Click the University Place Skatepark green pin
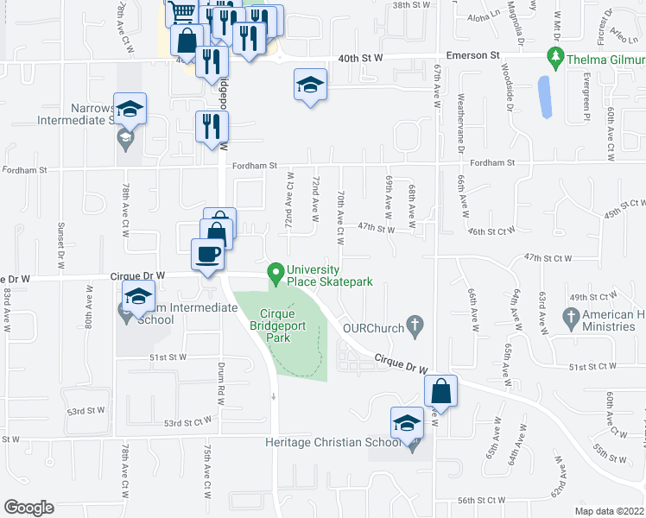point(276,274)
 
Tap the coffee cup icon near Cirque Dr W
point(207,255)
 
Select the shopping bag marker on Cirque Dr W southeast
point(440,391)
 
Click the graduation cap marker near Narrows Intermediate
point(130,109)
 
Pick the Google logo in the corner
point(29,508)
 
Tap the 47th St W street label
point(376,229)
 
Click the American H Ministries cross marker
point(571,319)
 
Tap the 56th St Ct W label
point(481,501)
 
